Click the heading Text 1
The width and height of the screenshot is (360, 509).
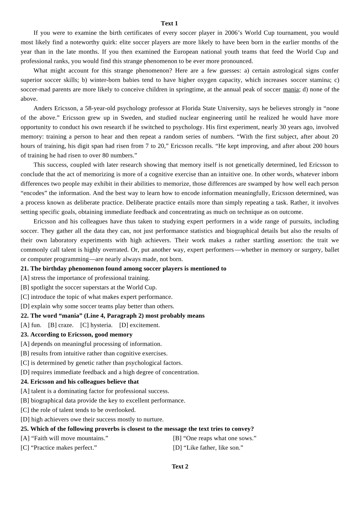(x=169, y=23)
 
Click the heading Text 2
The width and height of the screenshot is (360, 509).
(x=180, y=467)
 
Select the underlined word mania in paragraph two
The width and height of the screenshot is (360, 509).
(x=291, y=89)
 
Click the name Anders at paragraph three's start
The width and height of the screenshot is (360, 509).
(x=43, y=108)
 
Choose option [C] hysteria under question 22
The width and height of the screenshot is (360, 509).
(x=97, y=325)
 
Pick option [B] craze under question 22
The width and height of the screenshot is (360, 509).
(x=61, y=325)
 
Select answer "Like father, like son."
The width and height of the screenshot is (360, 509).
(x=208, y=448)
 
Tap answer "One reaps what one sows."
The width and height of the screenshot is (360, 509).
(x=215, y=438)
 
